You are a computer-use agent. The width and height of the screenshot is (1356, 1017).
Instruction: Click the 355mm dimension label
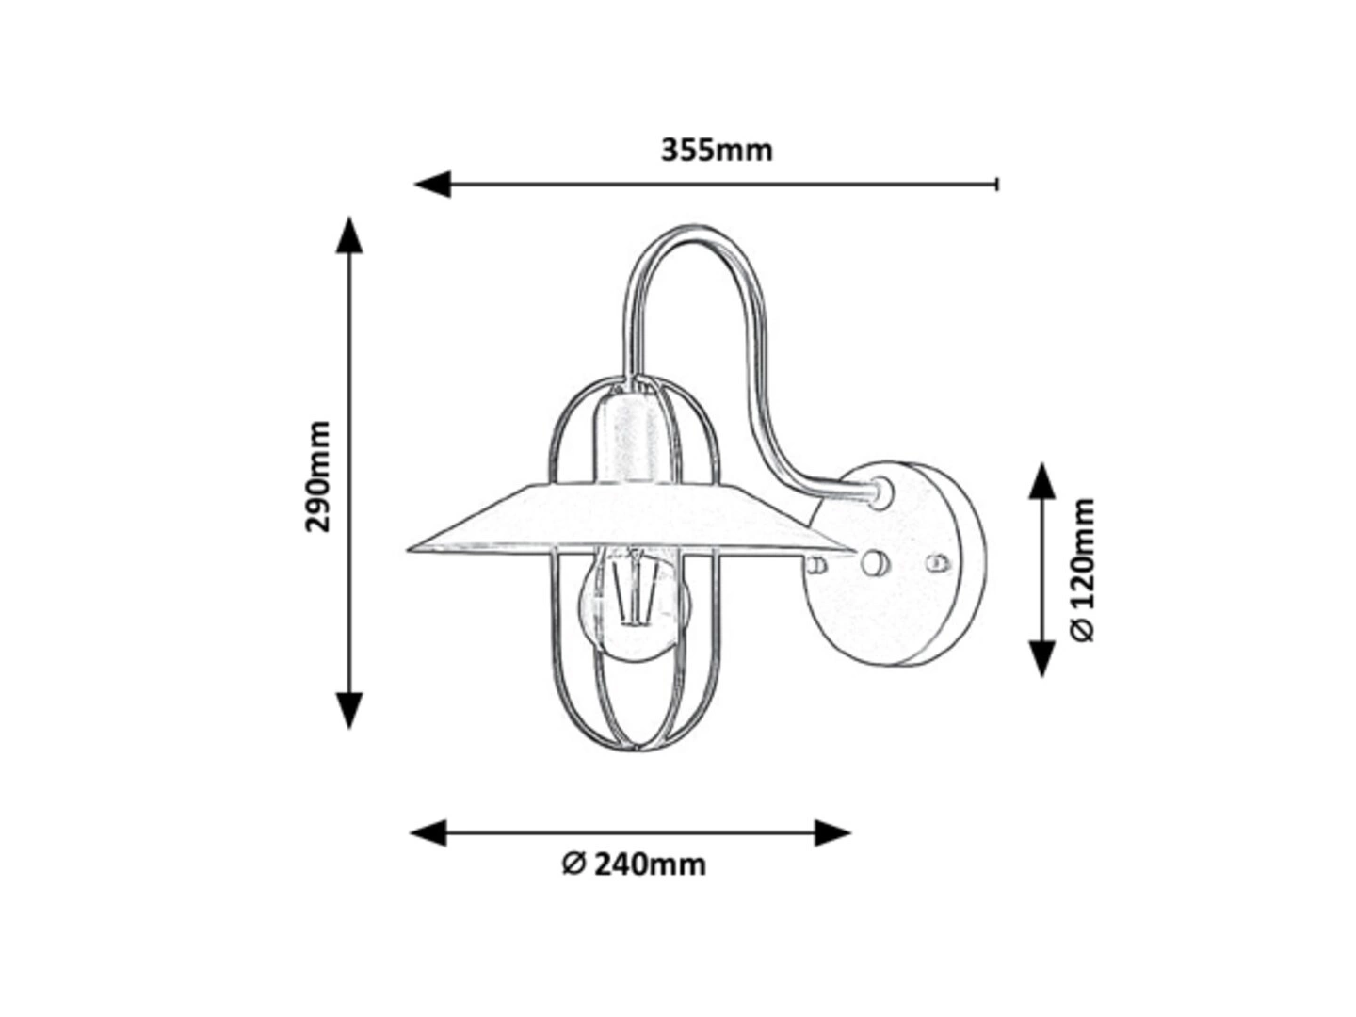pyautogui.click(x=716, y=151)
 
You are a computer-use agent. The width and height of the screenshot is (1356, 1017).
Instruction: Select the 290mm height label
pyautogui.click(x=318, y=476)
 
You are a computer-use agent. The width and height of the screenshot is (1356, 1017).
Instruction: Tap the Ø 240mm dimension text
pyautogui.click(x=634, y=864)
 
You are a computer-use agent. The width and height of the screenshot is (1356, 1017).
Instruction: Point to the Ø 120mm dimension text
pyautogui.click(x=1082, y=570)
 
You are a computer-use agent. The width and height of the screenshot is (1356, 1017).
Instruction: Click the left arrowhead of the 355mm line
pyautogui.click(x=432, y=184)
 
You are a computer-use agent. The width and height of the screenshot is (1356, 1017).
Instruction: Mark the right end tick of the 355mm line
pyautogui.click(x=996, y=184)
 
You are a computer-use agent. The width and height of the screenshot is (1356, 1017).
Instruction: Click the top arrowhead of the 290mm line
pyautogui.click(x=349, y=235)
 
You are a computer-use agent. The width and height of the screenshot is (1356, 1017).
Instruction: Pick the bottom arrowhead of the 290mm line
pyautogui.click(x=349, y=711)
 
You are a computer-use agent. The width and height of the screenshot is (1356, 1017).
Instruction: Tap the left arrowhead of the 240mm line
pyautogui.click(x=428, y=833)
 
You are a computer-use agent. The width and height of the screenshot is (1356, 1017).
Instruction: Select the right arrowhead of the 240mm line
pyautogui.click(x=832, y=833)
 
